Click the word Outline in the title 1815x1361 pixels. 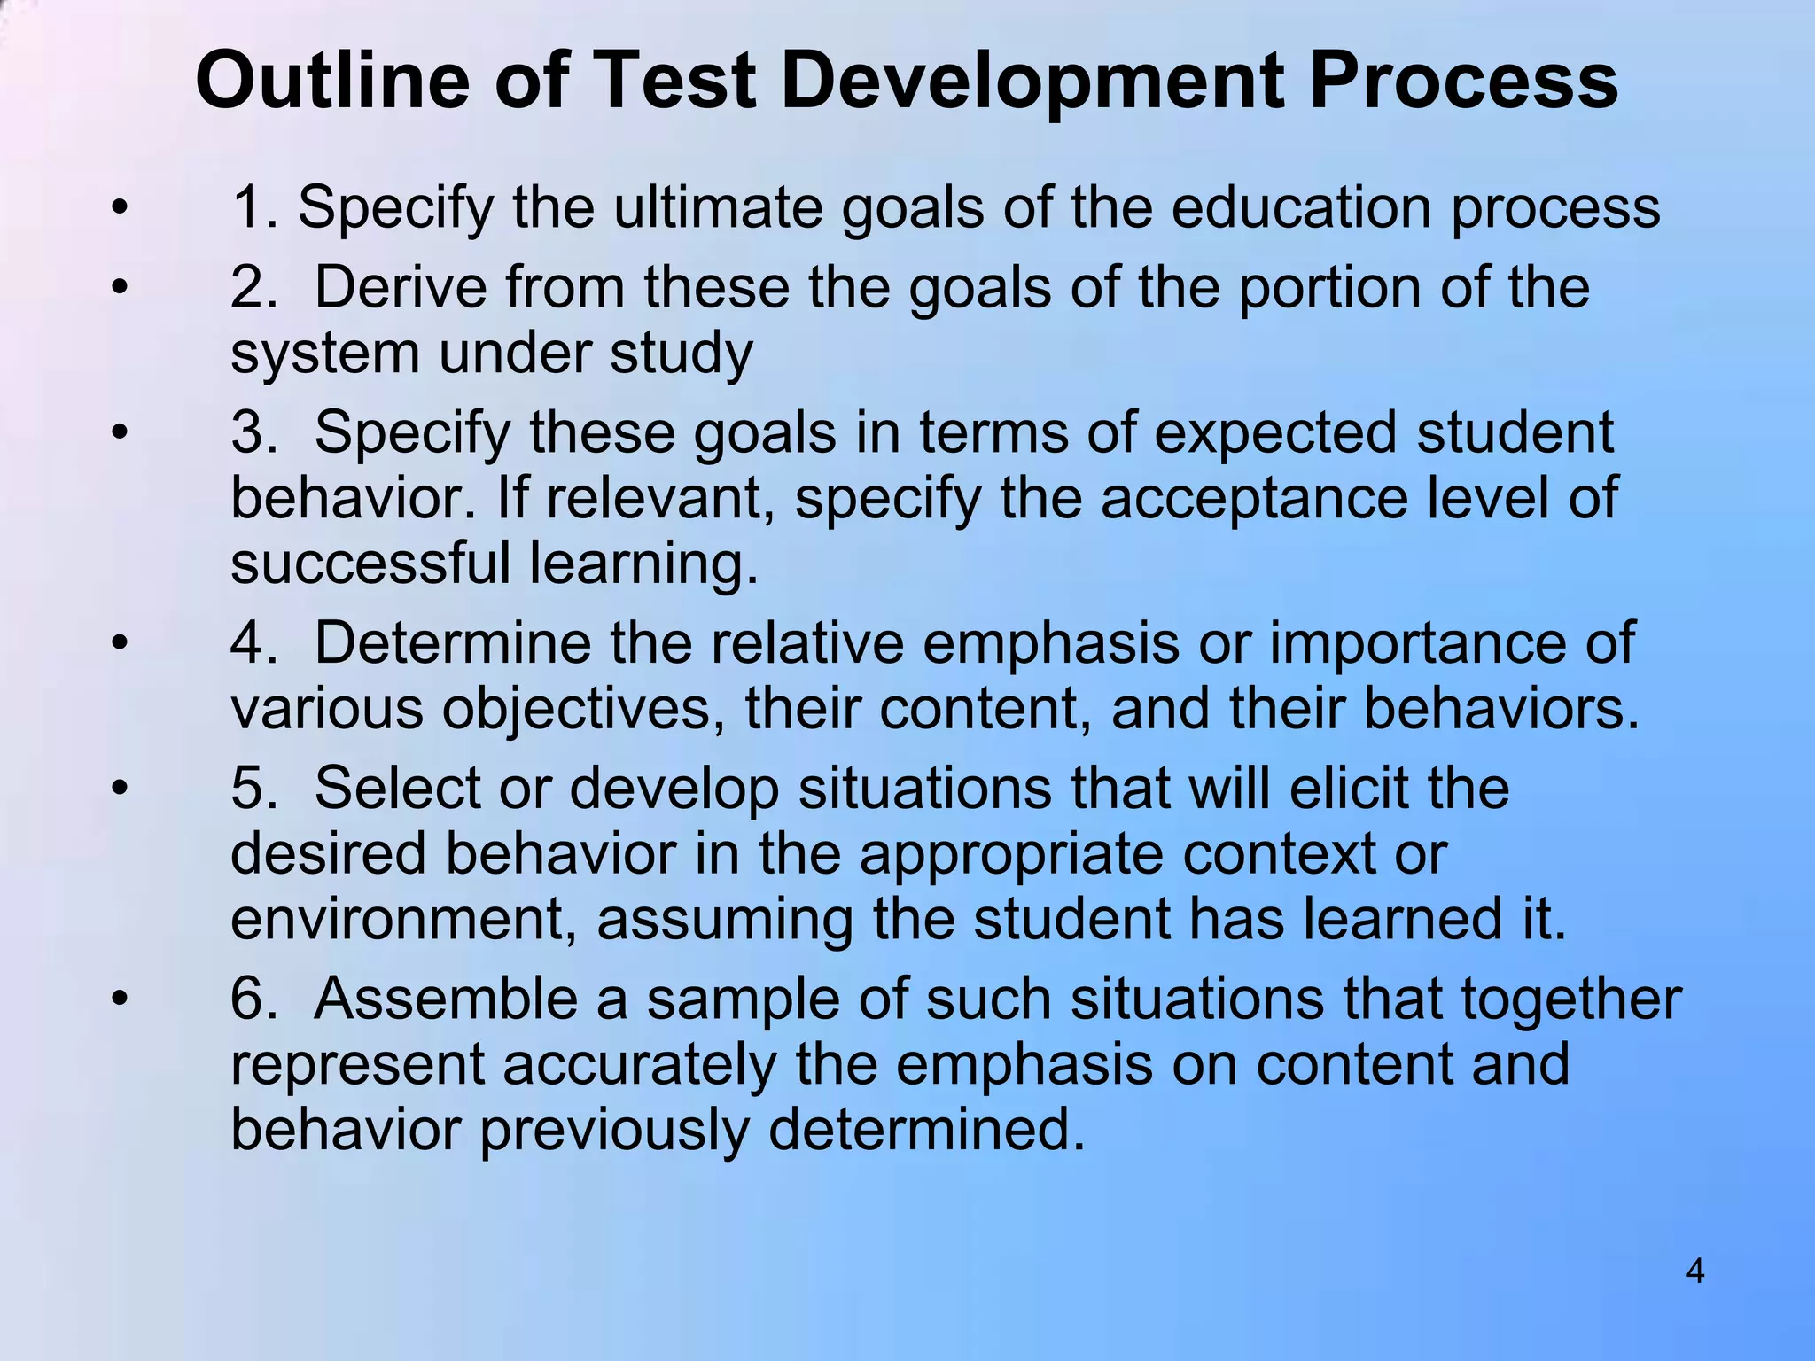[331, 82]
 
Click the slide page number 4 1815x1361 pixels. [1694, 1272]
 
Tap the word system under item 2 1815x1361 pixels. [324, 354]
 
